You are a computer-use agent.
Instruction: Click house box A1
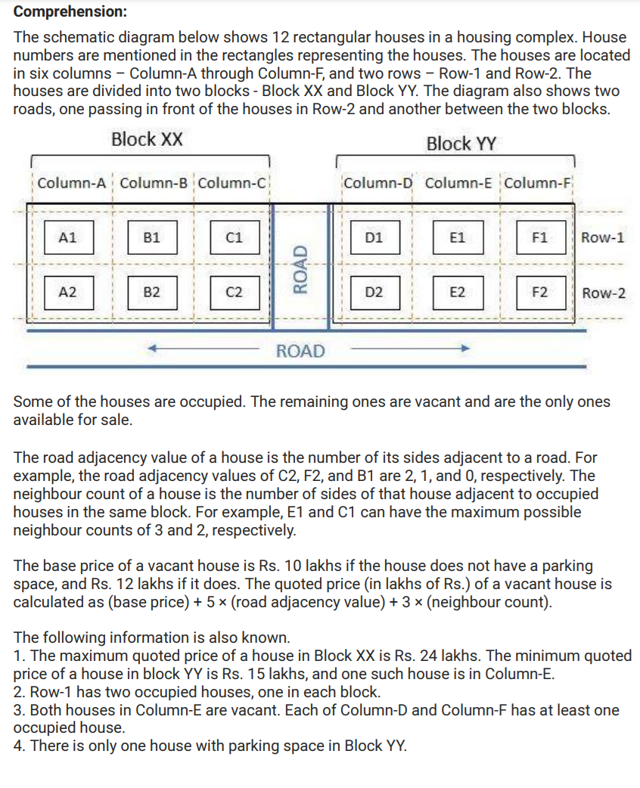[68, 237]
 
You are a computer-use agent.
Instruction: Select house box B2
[151, 292]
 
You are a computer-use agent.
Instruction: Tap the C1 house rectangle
[235, 237]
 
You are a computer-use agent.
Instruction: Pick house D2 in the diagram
[373, 292]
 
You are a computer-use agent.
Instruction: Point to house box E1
[457, 237]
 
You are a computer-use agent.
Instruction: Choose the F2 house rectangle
[540, 292]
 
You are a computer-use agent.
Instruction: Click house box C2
[235, 292]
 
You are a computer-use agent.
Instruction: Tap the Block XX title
[147, 140]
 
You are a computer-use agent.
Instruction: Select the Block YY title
[461, 144]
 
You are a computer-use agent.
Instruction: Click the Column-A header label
[73, 183]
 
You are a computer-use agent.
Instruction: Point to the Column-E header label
[460, 183]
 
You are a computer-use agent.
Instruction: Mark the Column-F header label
[539, 183]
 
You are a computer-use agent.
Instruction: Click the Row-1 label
[603, 237]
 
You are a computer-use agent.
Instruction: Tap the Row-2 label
[604, 293]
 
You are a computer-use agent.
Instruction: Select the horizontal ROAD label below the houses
[300, 351]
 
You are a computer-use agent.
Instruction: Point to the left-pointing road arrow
[204, 349]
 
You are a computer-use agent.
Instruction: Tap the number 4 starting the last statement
[18, 746]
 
